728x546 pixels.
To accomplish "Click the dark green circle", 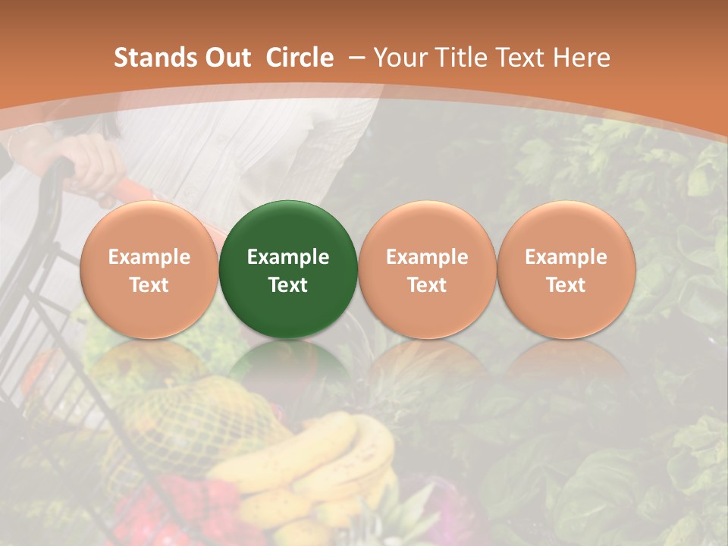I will (x=287, y=269).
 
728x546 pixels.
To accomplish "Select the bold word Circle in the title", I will (x=300, y=58).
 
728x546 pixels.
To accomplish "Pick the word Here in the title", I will (x=582, y=58).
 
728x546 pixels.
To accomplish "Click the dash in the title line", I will (x=356, y=58).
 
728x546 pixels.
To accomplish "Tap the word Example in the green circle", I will (x=287, y=257).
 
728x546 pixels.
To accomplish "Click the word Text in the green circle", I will (x=287, y=285).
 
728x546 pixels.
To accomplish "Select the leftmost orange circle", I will (x=149, y=269).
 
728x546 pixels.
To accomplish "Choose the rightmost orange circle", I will (x=566, y=269).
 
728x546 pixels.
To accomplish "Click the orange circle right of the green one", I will (x=427, y=269).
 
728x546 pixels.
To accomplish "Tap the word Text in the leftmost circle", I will (x=149, y=285).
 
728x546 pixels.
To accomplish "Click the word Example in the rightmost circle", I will (x=566, y=257).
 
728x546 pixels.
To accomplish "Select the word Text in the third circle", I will (x=427, y=285).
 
